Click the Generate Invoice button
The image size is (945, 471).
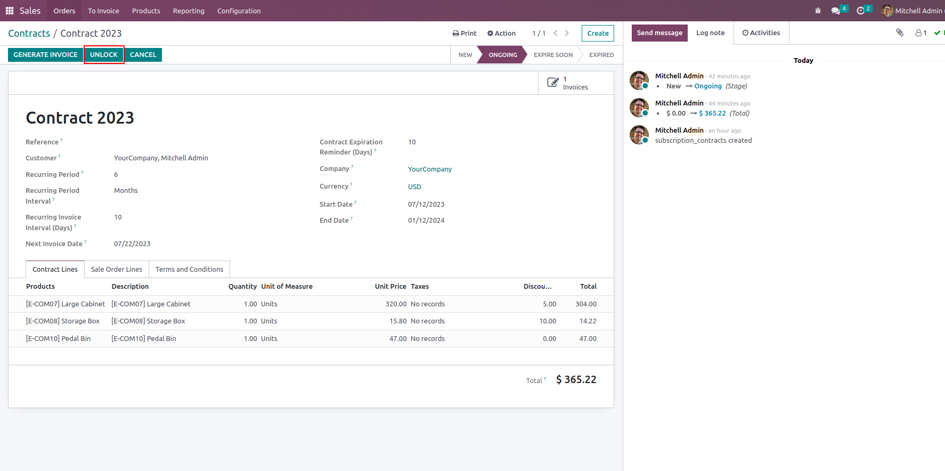pyautogui.click(x=45, y=55)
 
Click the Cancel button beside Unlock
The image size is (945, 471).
pyautogui.click(x=143, y=55)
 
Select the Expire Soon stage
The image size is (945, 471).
pyautogui.click(x=553, y=55)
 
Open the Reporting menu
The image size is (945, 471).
pyautogui.click(x=189, y=11)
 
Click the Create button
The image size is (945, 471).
pyautogui.click(x=598, y=33)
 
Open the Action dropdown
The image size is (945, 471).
pyautogui.click(x=501, y=33)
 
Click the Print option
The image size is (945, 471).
pyautogui.click(x=465, y=33)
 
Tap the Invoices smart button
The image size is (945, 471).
pyautogui.click(x=568, y=83)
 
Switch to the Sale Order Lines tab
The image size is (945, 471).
pyautogui.click(x=117, y=270)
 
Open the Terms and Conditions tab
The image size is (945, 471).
pyautogui.click(x=189, y=270)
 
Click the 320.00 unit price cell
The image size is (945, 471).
pyautogui.click(x=396, y=304)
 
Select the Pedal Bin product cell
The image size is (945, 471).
pyautogui.click(x=58, y=339)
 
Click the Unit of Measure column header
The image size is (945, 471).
pyautogui.click(x=287, y=287)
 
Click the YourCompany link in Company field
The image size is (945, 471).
pyautogui.click(x=430, y=169)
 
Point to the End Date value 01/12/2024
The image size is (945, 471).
pyautogui.click(x=426, y=221)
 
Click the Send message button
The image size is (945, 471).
pyautogui.click(x=659, y=33)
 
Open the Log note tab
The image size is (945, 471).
pyautogui.click(x=710, y=33)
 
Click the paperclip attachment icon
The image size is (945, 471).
pyautogui.click(x=900, y=33)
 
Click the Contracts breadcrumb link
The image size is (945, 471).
pyautogui.click(x=29, y=34)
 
